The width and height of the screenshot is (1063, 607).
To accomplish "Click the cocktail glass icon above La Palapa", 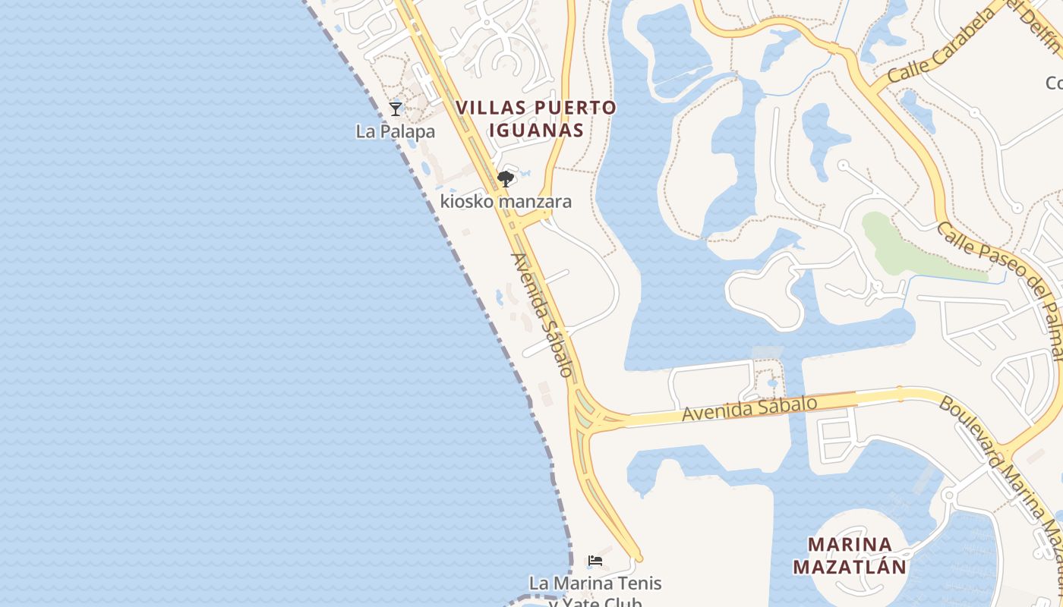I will (396, 109).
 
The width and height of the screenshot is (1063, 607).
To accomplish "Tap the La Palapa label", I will (396, 131).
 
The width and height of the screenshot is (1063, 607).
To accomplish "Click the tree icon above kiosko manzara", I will (506, 179).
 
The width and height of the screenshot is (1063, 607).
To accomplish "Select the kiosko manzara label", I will (506, 202).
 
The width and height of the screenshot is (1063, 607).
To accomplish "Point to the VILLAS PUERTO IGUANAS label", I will (536, 119).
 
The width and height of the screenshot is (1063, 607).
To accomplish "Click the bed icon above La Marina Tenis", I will (595, 561).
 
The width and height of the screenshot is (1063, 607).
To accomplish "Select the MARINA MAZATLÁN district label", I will (850, 555).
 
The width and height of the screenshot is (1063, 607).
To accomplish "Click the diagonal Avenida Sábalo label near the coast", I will (541, 314).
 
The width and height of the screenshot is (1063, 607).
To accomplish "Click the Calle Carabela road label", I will (941, 48).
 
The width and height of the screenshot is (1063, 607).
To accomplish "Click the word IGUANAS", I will (536, 131).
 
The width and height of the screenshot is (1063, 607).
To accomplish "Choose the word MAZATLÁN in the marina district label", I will (850, 567).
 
